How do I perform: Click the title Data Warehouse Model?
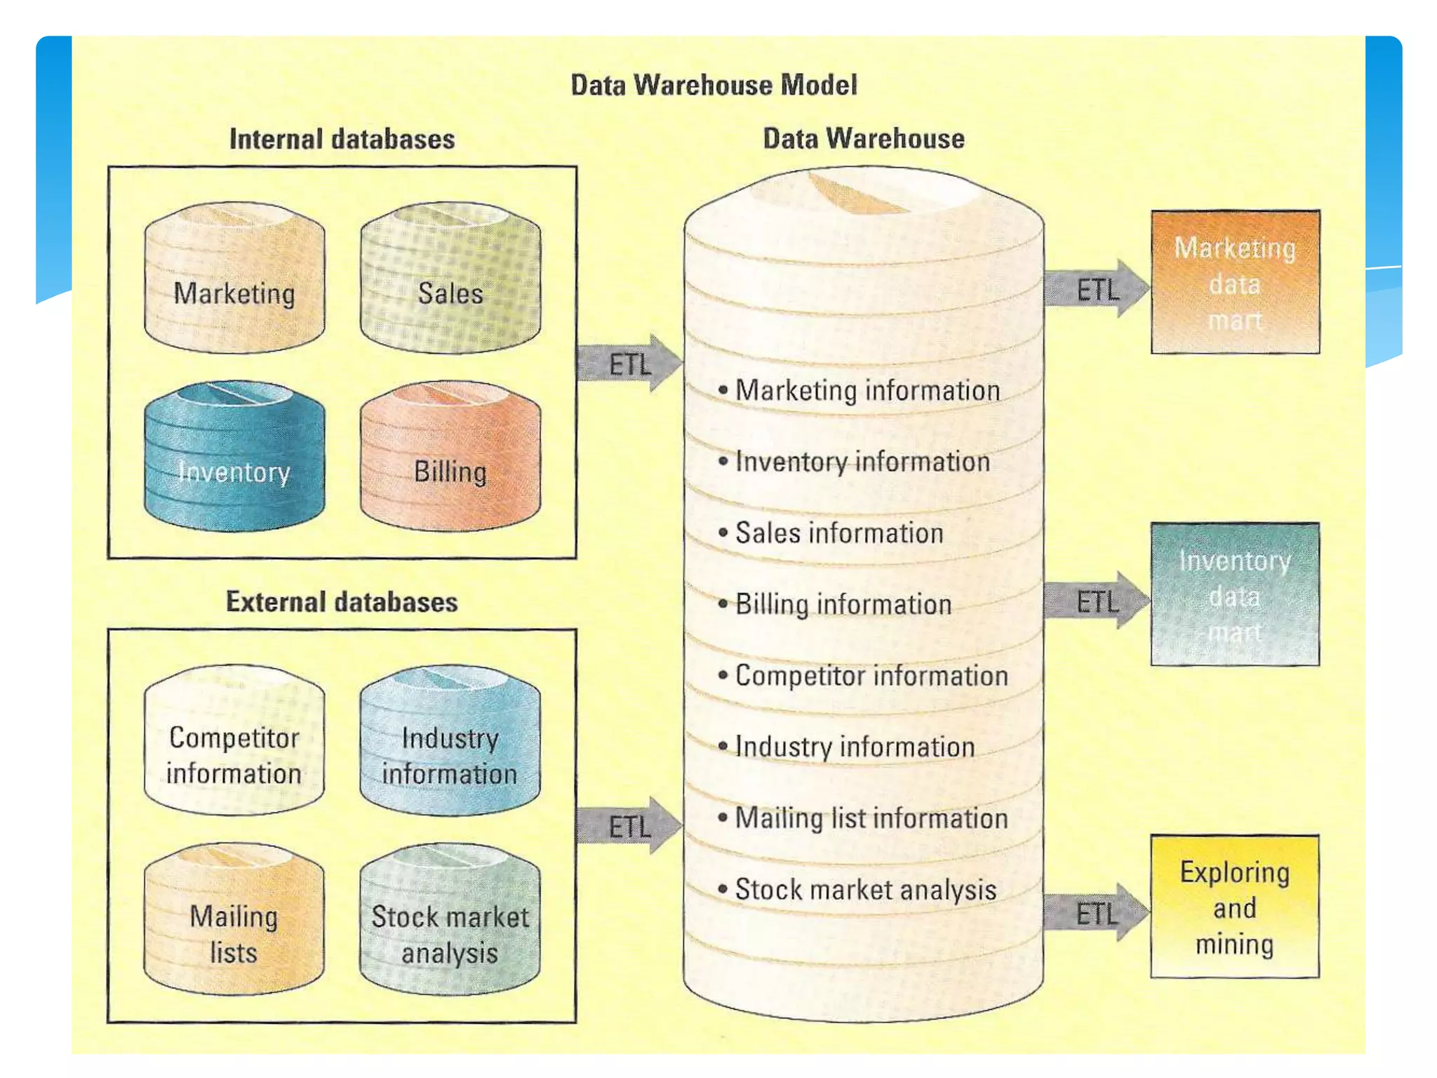[714, 86]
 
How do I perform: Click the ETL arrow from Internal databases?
[629, 364]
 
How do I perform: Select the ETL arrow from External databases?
[629, 826]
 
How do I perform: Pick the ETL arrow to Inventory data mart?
[1096, 601]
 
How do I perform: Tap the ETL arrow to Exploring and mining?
[1096, 913]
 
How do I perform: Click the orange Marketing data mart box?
[1235, 282]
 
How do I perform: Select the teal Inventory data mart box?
[1235, 594]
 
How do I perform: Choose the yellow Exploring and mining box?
[1235, 907]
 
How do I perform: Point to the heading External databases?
[342, 602]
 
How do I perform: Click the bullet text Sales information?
[839, 533]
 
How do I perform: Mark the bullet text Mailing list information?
[871, 818]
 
